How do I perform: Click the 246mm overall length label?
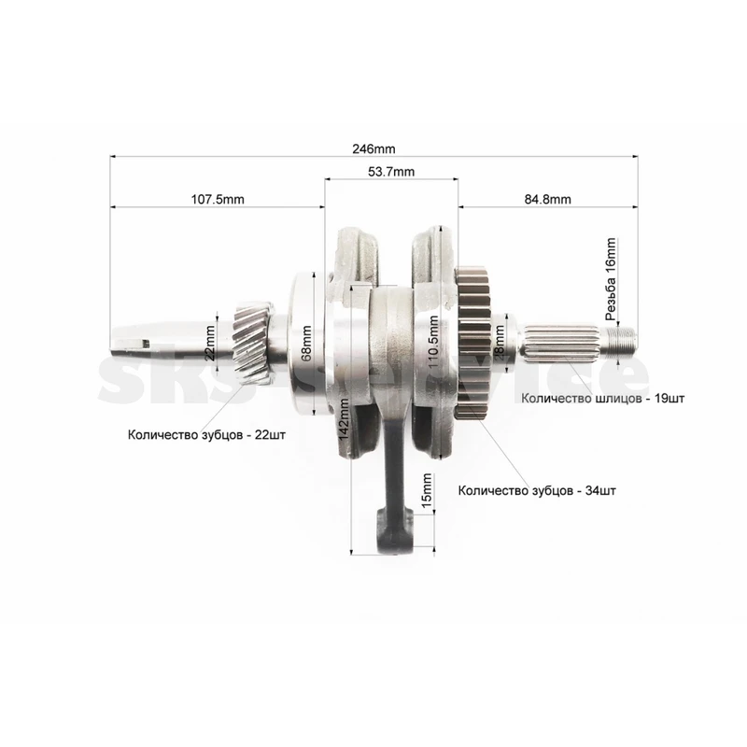[373, 149]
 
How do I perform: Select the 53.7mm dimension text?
[391, 172]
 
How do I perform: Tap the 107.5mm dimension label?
[218, 199]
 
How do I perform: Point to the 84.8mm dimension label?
[548, 199]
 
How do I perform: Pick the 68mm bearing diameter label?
[306, 343]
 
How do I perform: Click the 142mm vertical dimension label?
[344, 419]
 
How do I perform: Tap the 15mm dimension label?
[427, 489]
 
